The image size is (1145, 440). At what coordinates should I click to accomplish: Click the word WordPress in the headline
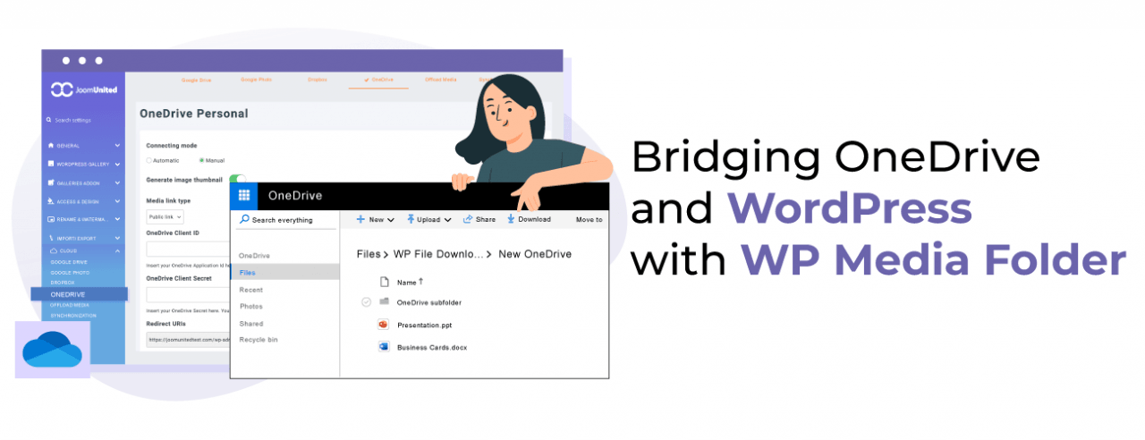[x=849, y=209]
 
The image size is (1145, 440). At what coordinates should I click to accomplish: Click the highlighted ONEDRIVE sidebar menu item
[x=79, y=293]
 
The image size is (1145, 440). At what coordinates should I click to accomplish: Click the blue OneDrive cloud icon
[x=52, y=349]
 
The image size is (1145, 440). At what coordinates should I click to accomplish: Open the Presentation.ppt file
[x=426, y=325]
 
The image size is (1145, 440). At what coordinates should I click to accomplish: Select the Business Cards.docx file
[x=431, y=347]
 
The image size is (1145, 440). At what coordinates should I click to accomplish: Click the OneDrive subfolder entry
[x=428, y=302]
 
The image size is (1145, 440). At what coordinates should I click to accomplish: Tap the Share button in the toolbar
[x=479, y=219]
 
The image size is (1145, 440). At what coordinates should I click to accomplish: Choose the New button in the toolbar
[x=375, y=219]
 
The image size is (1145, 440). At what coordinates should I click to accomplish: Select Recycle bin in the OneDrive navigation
[x=259, y=340]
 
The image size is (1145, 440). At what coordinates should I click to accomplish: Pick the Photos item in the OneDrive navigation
[x=251, y=307]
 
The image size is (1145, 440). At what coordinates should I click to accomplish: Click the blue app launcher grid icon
[x=244, y=196]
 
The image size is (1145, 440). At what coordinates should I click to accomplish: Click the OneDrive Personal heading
[x=193, y=114]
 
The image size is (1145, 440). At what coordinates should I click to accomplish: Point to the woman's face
[x=502, y=112]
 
